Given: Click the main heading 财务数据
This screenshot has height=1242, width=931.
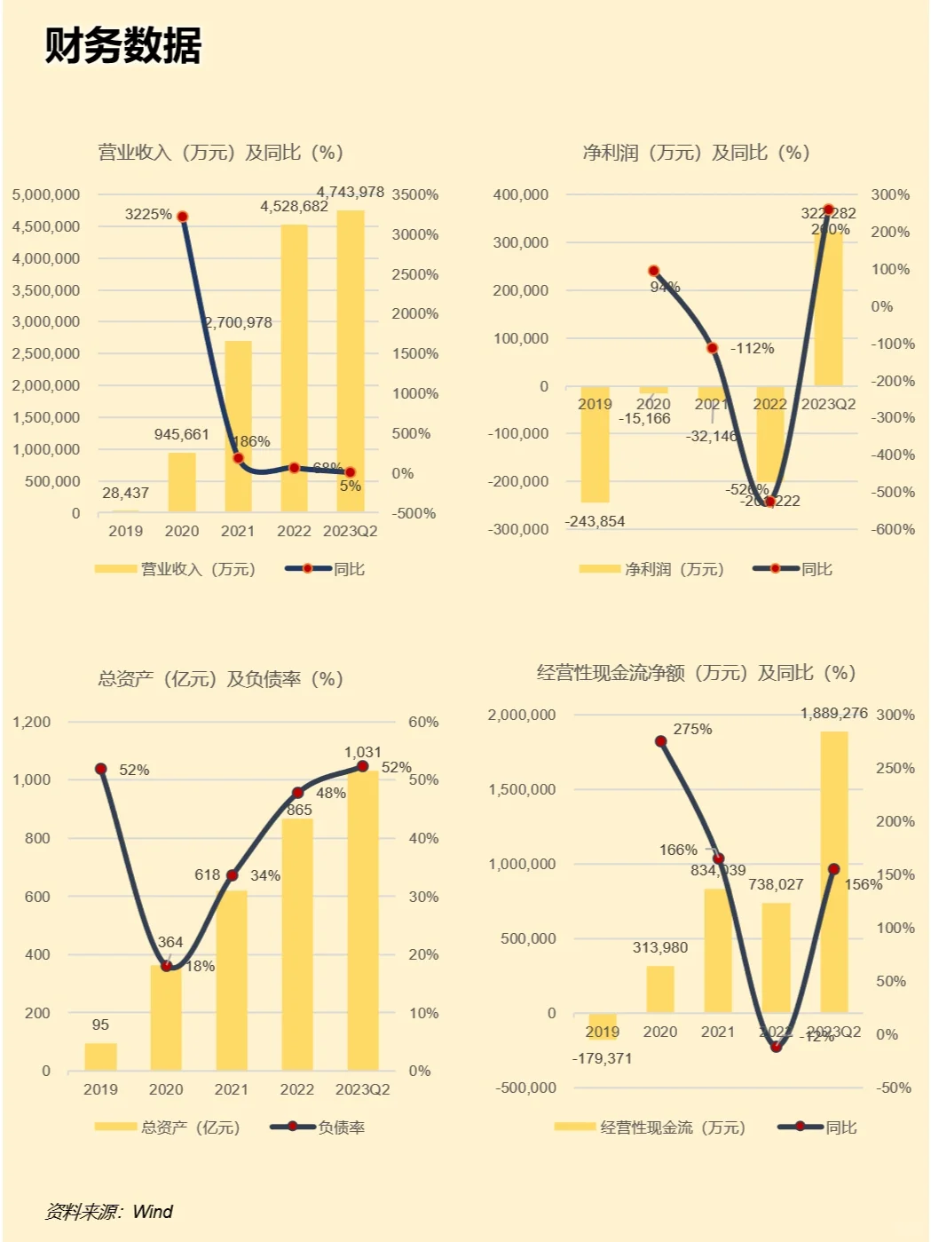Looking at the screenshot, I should point(123,45).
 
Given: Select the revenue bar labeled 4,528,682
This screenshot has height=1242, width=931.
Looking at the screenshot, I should point(294,368).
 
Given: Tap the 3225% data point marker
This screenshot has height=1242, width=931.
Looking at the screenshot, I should point(183,217).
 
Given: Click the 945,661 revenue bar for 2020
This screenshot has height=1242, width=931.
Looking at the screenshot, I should point(182,483).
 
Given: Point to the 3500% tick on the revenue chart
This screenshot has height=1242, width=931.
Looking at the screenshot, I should point(414,194).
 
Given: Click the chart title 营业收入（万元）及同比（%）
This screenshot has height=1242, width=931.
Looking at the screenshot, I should point(220,153).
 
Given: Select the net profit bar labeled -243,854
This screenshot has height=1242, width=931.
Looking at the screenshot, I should point(595,444).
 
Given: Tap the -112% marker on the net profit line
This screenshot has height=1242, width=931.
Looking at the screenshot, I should point(712,348).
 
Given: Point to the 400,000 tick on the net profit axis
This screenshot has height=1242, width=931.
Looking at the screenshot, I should point(521,194).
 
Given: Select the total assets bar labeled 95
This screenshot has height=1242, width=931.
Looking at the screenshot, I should point(100,1056).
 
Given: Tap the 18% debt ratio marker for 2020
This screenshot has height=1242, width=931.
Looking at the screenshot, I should point(166,966).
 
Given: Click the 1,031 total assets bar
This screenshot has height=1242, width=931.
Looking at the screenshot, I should point(362,920).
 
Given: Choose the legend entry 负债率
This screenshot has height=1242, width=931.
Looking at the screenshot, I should point(341,1127).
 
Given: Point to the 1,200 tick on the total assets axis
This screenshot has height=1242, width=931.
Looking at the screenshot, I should point(32,722).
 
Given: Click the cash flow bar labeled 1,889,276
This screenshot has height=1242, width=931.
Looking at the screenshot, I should point(833,872).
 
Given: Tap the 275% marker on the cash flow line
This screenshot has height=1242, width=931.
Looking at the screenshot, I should point(661,741).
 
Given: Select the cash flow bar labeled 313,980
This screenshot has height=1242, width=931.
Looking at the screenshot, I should point(660,989).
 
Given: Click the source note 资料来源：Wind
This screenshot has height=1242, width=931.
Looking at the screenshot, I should point(109,1212).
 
